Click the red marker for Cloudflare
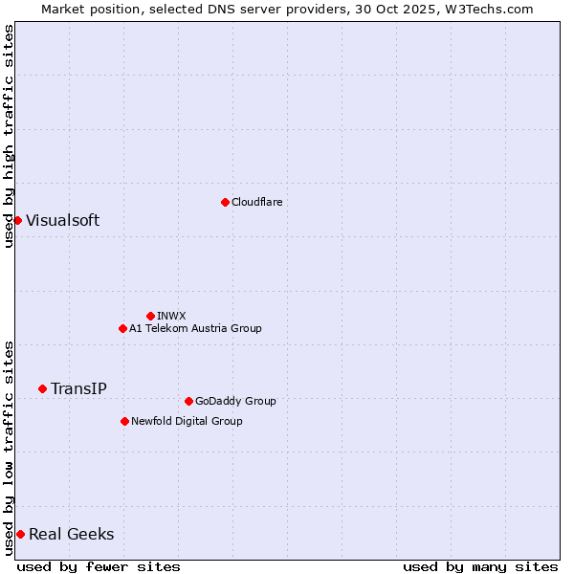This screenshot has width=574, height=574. [225, 202]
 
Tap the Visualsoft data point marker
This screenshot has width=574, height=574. [17, 220]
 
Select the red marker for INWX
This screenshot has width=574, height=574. [150, 316]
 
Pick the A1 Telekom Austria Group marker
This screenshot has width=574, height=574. [122, 328]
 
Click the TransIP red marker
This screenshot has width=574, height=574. [42, 388]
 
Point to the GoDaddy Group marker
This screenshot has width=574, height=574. [188, 401]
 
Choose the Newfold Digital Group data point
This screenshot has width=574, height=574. [124, 421]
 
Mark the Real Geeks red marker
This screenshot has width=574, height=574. [20, 534]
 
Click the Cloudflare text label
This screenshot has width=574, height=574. [256, 202]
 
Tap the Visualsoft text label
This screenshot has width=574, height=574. [62, 220]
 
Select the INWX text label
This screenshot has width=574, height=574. [171, 316]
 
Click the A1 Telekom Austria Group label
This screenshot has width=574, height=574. [195, 328]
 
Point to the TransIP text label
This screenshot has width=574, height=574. [78, 388]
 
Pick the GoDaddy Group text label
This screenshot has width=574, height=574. [235, 401]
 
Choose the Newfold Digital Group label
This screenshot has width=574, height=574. [187, 421]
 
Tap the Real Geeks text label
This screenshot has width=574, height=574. [71, 534]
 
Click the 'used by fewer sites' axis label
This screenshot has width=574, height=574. [99, 566]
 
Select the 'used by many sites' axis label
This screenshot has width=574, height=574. [480, 566]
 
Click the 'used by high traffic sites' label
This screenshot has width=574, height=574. [9, 136]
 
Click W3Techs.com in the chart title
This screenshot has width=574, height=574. [486, 9]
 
